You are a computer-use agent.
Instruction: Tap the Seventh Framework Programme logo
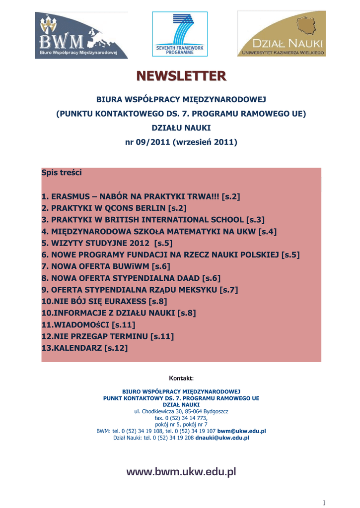click(x=180, y=33)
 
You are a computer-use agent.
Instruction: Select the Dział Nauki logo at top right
click(x=282, y=33)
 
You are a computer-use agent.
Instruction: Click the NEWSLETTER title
click(x=181, y=76)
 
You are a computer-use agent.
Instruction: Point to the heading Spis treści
click(x=62, y=173)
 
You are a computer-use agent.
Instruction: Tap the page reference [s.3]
click(x=255, y=219)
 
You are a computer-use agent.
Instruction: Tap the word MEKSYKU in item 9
click(x=194, y=289)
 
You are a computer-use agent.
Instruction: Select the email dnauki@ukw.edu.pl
click(x=222, y=438)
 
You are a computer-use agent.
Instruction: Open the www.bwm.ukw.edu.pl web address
click(x=181, y=472)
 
